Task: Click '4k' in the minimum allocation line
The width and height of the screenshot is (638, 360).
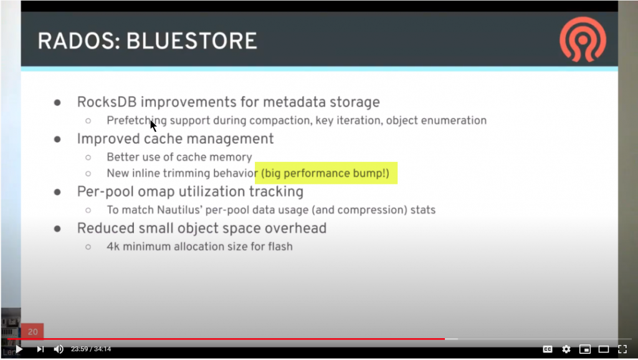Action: [113, 246]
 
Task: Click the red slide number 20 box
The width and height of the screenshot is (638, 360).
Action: [32, 332]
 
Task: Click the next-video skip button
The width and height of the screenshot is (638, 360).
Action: [40, 349]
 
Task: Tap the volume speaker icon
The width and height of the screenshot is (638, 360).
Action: [59, 349]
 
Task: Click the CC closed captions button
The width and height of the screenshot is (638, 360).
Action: [548, 349]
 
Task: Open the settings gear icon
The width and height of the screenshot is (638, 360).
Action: [566, 349]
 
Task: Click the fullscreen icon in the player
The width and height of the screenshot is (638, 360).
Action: [622, 349]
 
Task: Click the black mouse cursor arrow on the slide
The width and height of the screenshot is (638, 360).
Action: [153, 125]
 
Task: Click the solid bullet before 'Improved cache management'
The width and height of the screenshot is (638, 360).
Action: [57, 139]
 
